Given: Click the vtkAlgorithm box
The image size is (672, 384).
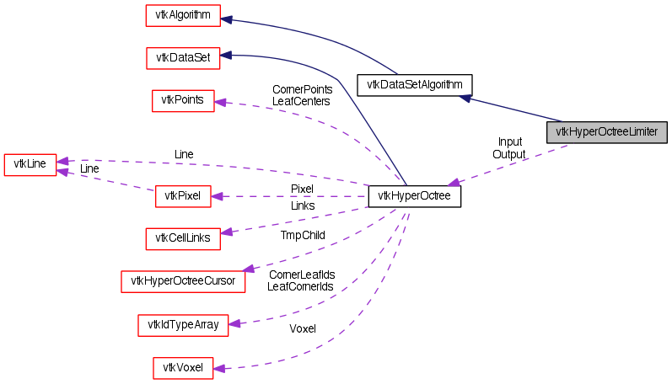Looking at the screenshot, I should point(183,16).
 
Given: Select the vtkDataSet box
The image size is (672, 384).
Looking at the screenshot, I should point(183,58).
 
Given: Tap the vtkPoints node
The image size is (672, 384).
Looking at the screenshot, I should point(183,101).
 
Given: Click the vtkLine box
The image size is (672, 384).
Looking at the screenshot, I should point(30,163).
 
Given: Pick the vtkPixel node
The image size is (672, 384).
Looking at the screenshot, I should point(182,197).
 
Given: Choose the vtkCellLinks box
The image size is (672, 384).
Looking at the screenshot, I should point(183,239).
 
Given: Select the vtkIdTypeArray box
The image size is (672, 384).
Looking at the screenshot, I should point(183,324).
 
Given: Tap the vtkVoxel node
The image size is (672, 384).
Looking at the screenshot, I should point(183,367).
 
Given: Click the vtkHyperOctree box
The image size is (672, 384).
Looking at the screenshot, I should point(414,197).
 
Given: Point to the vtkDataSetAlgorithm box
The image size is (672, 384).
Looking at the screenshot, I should point(414,84).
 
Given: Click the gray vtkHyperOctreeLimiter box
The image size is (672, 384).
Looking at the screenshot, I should point(607,131).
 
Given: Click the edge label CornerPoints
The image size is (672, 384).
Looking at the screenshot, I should point(302,88).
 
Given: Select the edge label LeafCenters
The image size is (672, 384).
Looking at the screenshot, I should point(301,100).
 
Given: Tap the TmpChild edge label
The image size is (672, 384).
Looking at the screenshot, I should point(303,235).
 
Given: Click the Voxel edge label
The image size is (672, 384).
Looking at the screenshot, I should point(302,328).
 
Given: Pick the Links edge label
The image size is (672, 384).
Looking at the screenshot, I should point(302,205).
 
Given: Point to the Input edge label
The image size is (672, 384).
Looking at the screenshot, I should point(509,141).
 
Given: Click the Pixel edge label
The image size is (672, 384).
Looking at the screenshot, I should point(302,189).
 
